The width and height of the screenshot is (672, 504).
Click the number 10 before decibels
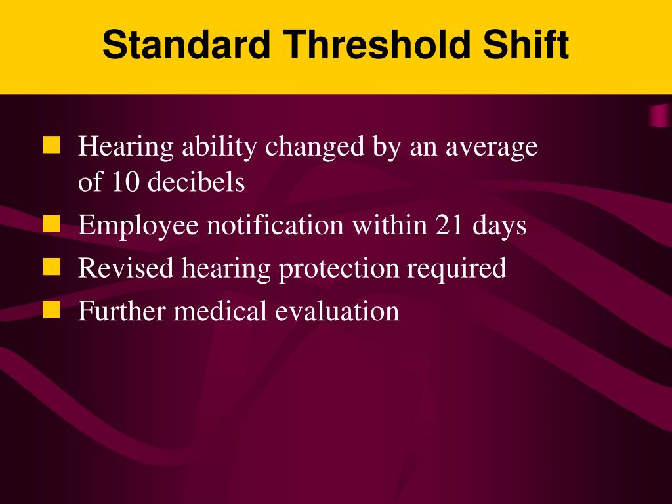tap(125, 182)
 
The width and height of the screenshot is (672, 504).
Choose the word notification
tap(276, 226)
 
